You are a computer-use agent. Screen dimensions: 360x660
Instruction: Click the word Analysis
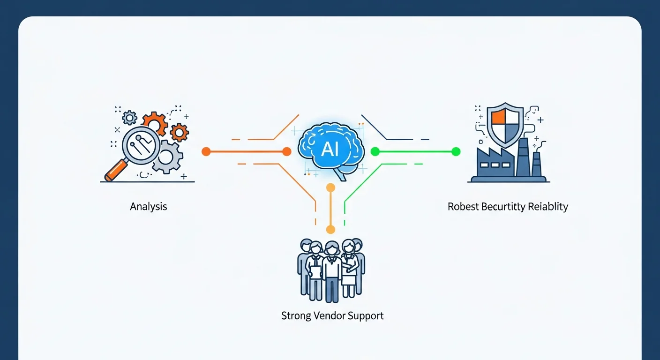pyautogui.click(x=149, y=206)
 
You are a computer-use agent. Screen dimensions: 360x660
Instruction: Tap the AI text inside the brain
pyautogui.click(x=330, y=150)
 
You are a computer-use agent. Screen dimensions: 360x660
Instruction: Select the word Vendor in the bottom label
pyautogui.click(x=322, y=315)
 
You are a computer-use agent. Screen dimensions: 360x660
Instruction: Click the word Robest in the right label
pyautogui.click(x=463, y=206)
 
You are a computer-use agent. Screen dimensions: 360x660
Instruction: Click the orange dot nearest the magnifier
pyautogui.click(x=206, y=151)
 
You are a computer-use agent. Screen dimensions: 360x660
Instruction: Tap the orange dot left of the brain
pyautogui.click(x=287, y=151)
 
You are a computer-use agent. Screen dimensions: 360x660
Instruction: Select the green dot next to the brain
pyautogui.click(x=375, y=151)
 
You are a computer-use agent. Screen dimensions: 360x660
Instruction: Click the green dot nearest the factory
pyautogui.click(x=456, y=151)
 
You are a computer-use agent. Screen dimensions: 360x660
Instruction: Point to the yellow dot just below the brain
pyautogui.click(x=330, y=188)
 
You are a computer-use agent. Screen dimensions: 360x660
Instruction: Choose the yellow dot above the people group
pyautogui.click(x=330, y=229)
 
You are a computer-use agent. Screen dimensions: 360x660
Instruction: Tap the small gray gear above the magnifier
pyautogui.click(x=129, y=117)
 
